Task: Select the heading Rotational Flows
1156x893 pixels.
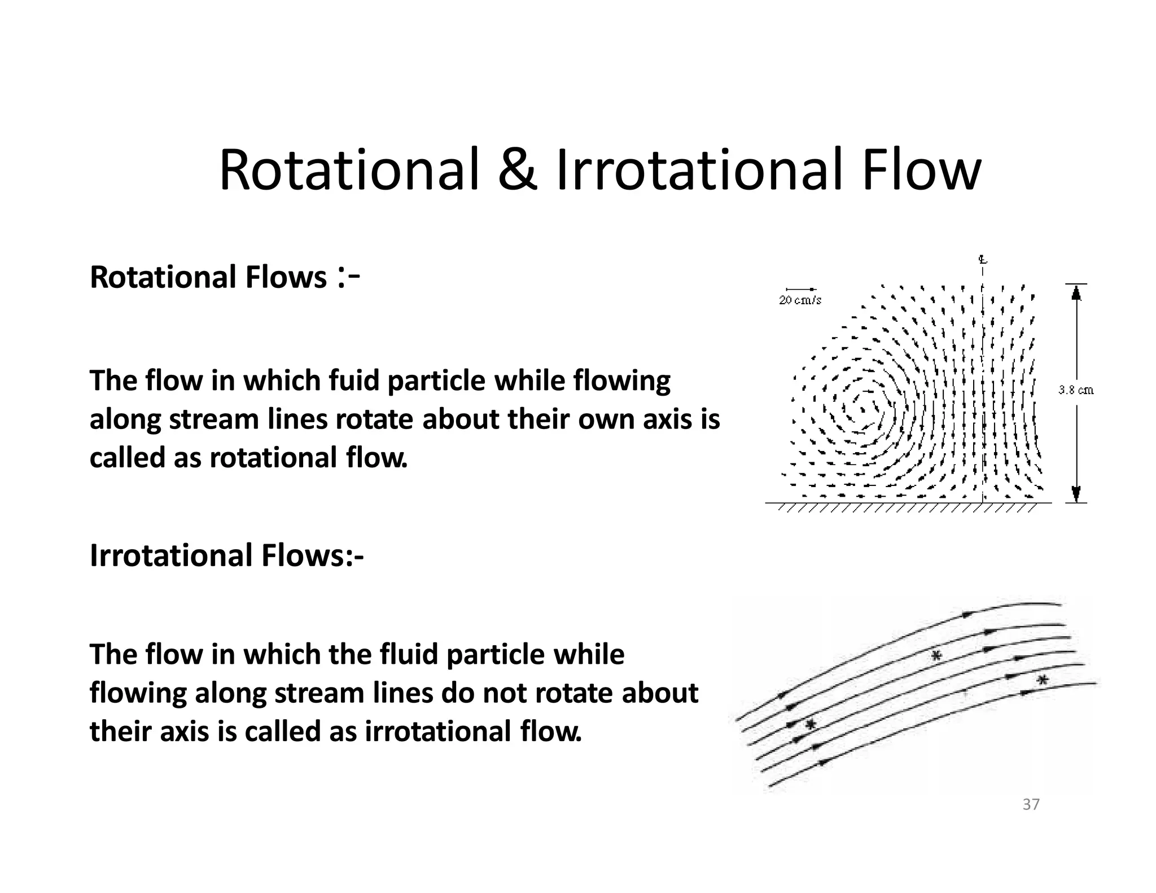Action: pos(208,278)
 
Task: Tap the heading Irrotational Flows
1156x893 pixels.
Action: pos(226,555)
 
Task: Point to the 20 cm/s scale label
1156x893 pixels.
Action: pos(800,301)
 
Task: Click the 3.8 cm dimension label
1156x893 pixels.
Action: pos(1075,390)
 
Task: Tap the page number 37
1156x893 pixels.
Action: pos(1031,805)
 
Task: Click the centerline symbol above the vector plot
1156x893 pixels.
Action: pos(983,261)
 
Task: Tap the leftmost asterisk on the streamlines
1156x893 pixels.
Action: pos(811,724)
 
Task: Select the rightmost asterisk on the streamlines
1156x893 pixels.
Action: pos(1043,680)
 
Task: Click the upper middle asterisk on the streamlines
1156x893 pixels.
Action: pos(936,655)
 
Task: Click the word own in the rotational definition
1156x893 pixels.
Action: pos(602,419)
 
